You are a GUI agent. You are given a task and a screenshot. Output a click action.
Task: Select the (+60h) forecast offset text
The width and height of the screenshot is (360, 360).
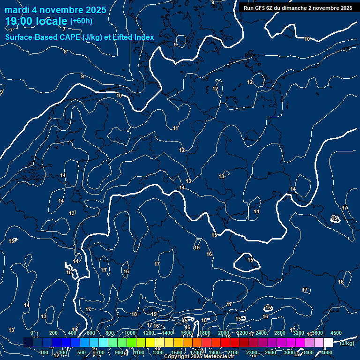click(x=81, y=21)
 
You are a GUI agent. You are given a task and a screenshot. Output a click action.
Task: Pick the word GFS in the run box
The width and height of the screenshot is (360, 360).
click(x=259, y=8)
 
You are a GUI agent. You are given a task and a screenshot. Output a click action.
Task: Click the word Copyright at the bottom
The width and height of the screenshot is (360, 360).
click(x=177, y=357)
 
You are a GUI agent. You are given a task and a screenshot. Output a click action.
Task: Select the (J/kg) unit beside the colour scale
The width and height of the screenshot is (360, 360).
click(x=347, y=343)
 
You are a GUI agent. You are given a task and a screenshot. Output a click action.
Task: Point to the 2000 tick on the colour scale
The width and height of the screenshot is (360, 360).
click(x=224, y=333)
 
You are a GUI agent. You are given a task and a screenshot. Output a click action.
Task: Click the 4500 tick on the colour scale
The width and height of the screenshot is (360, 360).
click(x=336, y=333)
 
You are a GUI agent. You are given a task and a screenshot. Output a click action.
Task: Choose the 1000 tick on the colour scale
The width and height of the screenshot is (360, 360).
click(x=130, y=333)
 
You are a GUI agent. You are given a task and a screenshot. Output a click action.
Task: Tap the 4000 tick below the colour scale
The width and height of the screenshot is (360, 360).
click(x=327, y=352)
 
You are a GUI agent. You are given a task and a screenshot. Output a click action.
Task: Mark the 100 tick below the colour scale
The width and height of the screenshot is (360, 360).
click(x=45, y=352)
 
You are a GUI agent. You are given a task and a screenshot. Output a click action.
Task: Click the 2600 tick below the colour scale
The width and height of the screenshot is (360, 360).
click(x=270, y=352)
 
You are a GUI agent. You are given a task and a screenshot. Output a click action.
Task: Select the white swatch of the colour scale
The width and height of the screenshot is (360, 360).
click(x=328, y=343)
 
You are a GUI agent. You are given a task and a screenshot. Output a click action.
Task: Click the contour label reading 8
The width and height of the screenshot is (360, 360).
click(x=65, y=52)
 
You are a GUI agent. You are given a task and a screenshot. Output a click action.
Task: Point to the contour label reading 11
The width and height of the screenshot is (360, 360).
click(x=175, y=128)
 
